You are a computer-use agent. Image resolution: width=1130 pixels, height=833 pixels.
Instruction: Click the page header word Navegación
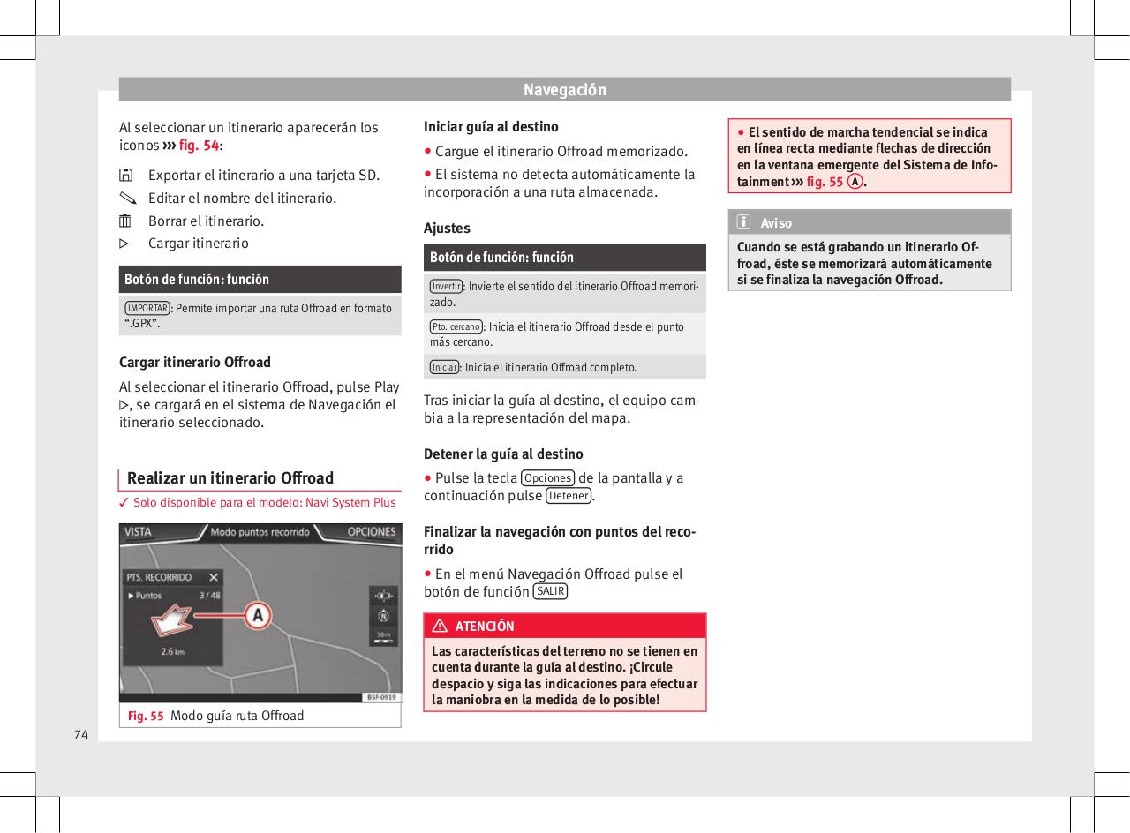564,90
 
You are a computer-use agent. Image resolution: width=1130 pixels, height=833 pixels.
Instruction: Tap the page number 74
81,734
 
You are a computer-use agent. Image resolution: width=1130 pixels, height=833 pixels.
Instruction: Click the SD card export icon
125,176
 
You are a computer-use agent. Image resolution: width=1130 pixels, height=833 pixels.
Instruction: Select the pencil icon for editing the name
125,199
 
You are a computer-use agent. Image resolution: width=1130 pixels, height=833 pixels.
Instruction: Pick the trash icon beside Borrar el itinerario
125,221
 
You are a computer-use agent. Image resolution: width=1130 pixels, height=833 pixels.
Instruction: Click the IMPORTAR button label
147,308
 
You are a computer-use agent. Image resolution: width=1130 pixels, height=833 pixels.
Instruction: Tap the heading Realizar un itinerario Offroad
230,478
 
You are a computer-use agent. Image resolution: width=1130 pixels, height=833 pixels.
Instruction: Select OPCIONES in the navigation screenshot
371,532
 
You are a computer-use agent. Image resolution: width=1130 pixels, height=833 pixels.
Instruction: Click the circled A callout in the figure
257,615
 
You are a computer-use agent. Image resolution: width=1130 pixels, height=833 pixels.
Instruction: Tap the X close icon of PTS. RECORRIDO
214,577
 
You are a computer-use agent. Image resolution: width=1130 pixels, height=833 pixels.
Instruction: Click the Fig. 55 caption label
146,715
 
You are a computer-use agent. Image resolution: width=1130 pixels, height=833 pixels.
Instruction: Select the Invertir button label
447,286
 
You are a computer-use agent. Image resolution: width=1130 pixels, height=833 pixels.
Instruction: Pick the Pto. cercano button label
456,327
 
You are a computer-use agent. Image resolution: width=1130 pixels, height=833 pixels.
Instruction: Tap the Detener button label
569,496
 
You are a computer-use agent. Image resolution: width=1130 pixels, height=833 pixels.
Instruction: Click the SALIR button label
551,591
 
